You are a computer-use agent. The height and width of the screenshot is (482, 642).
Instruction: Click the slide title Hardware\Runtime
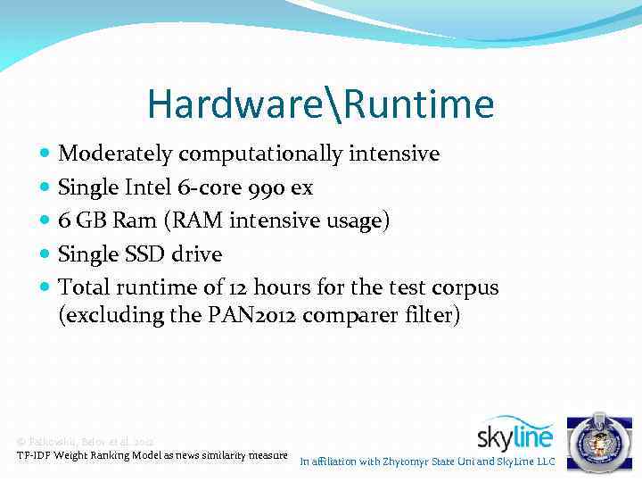point(320,104)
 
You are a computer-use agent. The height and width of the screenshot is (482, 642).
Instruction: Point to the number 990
point(271,187)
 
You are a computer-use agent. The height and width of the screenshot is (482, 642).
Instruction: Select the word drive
point(198,254)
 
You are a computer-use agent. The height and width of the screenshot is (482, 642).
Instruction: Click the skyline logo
point(515,435)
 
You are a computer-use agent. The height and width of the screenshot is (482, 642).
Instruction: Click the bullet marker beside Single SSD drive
point(45,254)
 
